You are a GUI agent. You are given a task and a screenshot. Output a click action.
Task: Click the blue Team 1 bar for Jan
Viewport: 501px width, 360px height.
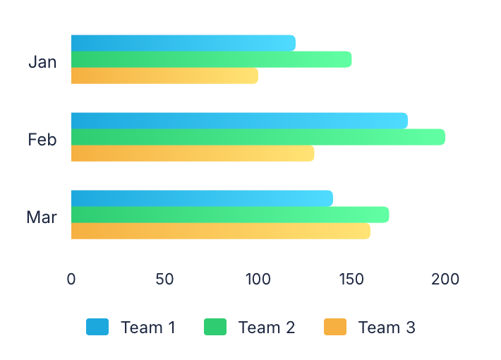tap(183, 43)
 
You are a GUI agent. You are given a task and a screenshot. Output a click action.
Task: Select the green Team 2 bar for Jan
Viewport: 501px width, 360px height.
tap(211, 59)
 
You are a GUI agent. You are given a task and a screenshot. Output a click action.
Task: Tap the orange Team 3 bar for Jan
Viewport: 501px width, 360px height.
tap(164, 76)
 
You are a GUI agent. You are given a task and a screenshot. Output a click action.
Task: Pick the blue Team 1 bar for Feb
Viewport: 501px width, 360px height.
tap(239, 121)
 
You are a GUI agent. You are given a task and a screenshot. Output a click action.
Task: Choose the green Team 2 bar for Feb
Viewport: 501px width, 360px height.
tap(258, 137)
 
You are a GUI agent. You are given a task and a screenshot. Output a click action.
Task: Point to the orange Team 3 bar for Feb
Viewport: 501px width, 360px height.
tap(192, 153)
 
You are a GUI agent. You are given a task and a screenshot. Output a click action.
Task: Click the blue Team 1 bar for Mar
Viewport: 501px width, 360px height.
tap(202, 198)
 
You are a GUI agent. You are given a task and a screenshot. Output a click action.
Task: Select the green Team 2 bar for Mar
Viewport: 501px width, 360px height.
tap(229, 215)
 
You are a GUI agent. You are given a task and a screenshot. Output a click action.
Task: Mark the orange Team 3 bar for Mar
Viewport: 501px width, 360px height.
tap(220, 231)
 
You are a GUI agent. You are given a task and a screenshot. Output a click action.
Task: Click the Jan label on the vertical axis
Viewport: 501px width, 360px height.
tap(42, 61)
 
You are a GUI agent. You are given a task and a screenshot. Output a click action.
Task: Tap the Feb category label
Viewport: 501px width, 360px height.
tap(42, 139)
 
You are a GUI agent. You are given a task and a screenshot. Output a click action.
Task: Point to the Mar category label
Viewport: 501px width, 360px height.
tap(42, 217)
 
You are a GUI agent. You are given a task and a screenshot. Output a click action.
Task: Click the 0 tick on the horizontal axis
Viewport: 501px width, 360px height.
tap(71, 279)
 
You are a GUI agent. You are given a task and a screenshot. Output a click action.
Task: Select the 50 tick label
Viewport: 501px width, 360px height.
tap(164, 279)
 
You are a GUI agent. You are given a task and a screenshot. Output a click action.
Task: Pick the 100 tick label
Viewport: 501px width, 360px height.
tap(258, 279)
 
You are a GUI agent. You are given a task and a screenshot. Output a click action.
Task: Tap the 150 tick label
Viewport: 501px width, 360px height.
tap(351, 279)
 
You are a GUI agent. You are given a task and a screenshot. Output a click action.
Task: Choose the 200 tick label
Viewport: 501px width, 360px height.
tap(445, 279)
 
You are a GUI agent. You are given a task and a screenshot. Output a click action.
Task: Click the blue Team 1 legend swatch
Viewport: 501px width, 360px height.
tap(97, 327)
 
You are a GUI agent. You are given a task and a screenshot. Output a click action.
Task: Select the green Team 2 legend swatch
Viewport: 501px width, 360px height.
tap(215, 327)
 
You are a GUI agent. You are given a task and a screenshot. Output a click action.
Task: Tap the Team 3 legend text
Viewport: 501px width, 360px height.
tap(387, 328)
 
